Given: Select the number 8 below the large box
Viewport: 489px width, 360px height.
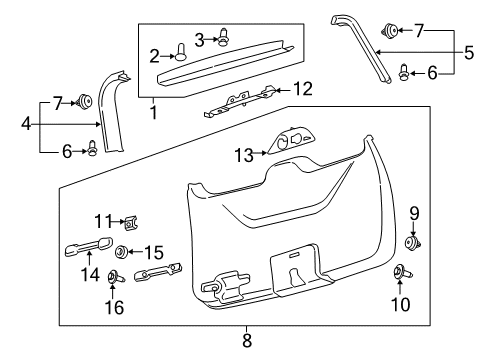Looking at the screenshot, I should coord(246,341).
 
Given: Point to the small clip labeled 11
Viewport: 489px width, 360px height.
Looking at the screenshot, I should coord(130,221).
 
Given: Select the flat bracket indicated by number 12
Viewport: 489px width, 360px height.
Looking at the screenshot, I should coord(240,103).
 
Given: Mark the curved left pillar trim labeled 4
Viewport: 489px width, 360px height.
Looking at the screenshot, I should coord(113,110).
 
